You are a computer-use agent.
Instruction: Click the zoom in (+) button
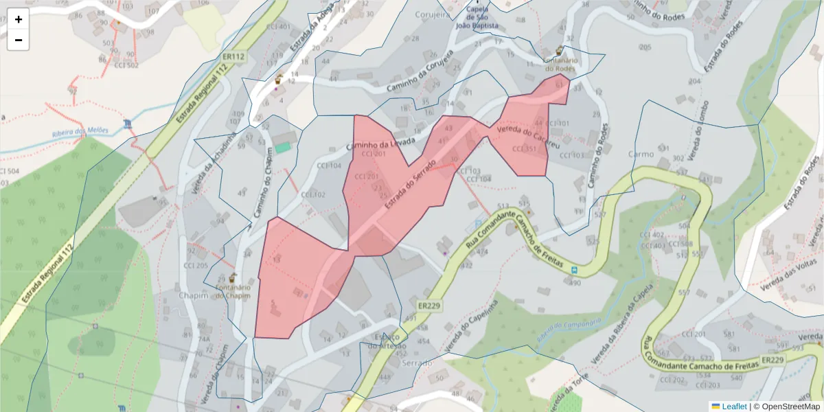(19, 19)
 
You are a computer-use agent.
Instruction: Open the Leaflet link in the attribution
(729, 407)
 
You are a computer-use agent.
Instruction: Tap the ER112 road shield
(233, 57)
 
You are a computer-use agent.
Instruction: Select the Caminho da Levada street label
(381, 142)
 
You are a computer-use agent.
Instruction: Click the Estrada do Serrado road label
(411, 185)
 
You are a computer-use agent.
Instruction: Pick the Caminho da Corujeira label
(420, 70)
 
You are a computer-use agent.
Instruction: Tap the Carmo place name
(641, 154)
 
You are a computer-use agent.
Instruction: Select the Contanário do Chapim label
(231, 291)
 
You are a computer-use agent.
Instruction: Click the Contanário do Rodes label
(560, 64)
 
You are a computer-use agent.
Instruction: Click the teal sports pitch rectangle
(282, 147)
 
